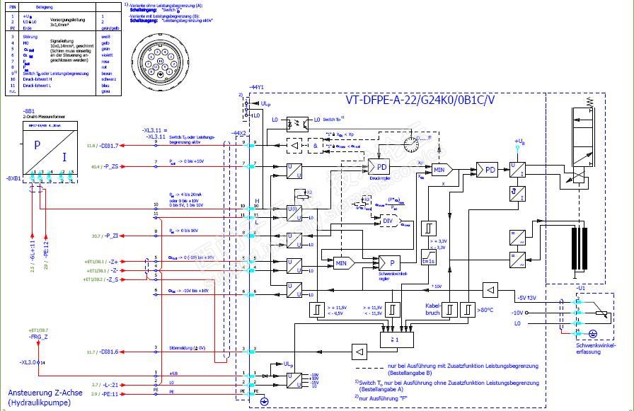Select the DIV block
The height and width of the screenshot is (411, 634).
[388, 220]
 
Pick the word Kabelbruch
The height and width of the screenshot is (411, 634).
[433, 309]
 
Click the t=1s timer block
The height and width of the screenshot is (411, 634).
[429, 261]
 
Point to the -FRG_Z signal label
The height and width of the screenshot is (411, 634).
[39, 337]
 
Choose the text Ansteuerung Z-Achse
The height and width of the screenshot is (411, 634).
[38, 392]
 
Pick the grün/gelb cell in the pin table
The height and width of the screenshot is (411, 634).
[109, 27]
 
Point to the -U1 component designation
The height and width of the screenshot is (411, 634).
[581, 289]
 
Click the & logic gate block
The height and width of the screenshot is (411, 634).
[314, 145]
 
